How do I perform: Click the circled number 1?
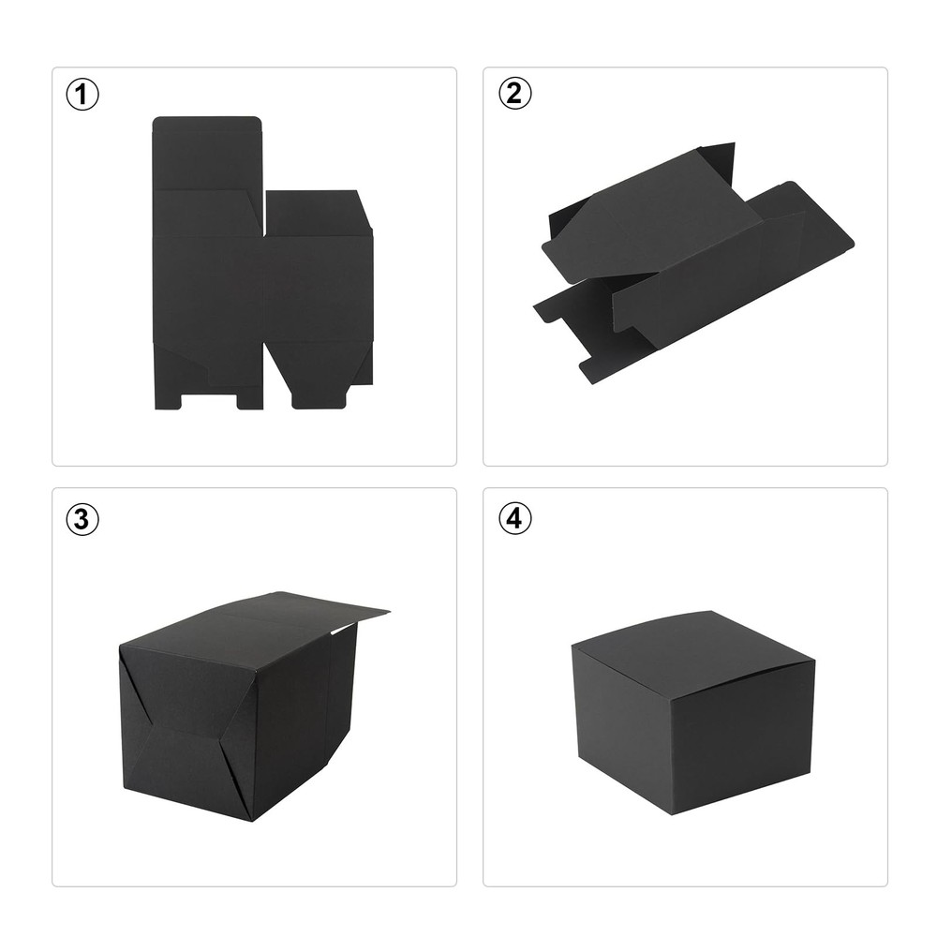point(82,95)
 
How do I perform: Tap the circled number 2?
point(514,94)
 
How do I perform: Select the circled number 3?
point(82,519)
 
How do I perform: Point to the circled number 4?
point(514,518)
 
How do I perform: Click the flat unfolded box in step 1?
point(263,263)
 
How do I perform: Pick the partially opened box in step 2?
point(693,263)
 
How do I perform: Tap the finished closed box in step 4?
point(693,712)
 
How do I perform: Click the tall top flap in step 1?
point(207,153)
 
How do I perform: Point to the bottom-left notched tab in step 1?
point(168,397)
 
